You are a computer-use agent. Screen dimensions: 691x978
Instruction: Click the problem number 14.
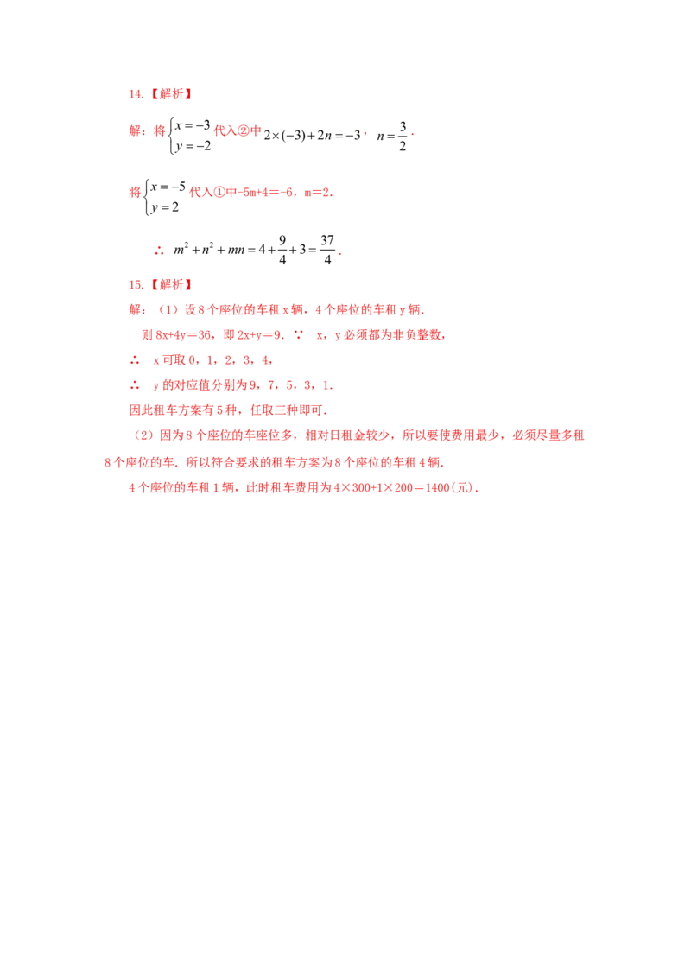(136, 94)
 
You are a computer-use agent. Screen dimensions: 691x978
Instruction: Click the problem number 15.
(136, 285)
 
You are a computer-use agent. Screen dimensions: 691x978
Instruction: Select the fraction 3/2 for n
(403, 136)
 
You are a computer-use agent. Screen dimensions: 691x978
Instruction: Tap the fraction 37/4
(327, 250)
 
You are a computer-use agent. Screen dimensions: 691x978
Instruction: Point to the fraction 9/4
(282, 250)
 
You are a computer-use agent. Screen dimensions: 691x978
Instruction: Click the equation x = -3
(193, 125)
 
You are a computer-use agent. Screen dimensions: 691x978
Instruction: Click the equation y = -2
(193, 146)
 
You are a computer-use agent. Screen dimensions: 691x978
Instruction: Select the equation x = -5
(168, 187)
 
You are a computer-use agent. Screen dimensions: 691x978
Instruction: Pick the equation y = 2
(165, 207)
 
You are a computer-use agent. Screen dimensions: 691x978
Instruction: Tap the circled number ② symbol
(244, 130)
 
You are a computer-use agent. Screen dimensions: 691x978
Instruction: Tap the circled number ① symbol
(219, 192)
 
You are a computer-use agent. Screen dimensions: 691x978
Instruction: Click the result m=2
(317, 192)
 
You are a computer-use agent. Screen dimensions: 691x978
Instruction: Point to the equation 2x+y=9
(259, 335)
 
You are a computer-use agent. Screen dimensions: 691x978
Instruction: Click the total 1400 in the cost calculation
(437, 488)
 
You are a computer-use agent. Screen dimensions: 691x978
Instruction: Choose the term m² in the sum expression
(181, 250)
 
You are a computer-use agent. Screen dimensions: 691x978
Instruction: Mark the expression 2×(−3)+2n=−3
(312, 136)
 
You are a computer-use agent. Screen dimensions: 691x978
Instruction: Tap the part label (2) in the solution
(144, 435)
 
